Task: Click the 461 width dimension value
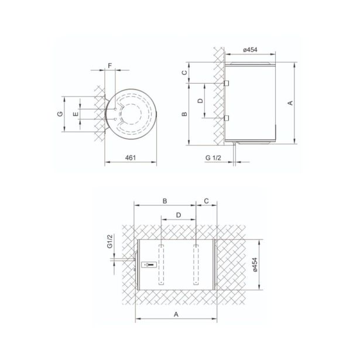click(131, 157)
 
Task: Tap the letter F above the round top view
click(109, 66)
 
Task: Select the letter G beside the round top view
click(60, 114)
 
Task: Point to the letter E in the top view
click(76, 114)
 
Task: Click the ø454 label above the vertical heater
click(250, 50)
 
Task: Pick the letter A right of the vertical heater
click(290, 103)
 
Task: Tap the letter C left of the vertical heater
click(184, 73)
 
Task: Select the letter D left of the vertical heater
click(200, 101)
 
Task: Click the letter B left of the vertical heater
click(184, 114)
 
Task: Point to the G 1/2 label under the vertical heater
click(213, 157)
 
